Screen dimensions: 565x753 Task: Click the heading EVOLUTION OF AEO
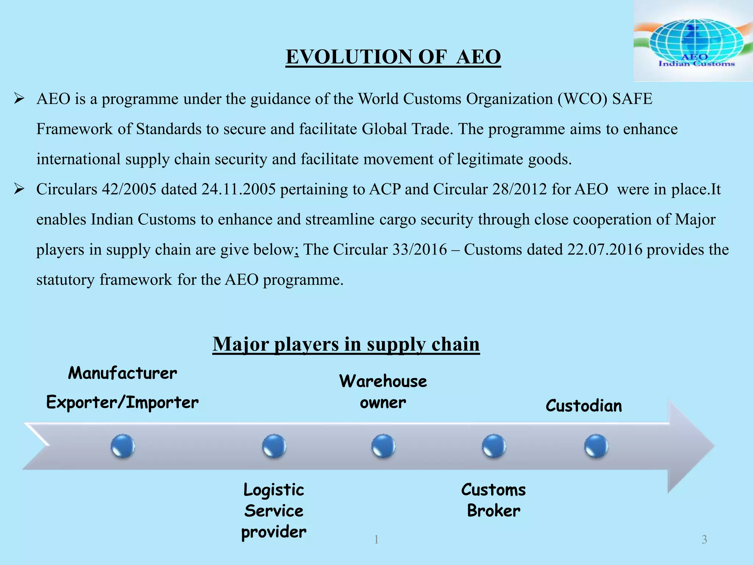(x=393, y=57)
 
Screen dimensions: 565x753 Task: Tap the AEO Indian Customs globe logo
(x=693, y=40)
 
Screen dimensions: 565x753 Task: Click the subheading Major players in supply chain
(x=346, y=344)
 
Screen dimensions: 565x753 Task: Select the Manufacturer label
(x=122, y=373)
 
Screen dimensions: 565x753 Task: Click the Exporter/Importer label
(x=122, y=402)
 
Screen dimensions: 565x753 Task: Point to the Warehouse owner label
(x=383, y=391)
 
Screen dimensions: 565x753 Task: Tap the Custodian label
(x=584, y=406)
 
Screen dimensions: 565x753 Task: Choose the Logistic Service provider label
(x=274, y=511)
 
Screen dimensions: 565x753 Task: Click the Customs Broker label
(x=493, y=500)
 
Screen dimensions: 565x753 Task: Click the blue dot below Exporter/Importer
(x=123, y=446)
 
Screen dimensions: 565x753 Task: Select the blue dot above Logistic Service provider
(x=274, y=446)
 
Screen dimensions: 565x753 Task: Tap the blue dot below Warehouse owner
(x=383, y=446)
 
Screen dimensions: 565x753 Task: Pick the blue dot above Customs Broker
(x=493, y=446)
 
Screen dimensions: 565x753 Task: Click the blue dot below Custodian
(x=596, y=446)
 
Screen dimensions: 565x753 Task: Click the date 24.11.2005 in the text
(x=238, y=189)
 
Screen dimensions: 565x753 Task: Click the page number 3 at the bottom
(x=704, y=540)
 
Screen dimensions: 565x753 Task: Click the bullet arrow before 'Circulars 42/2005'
(x=19, y=189)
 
